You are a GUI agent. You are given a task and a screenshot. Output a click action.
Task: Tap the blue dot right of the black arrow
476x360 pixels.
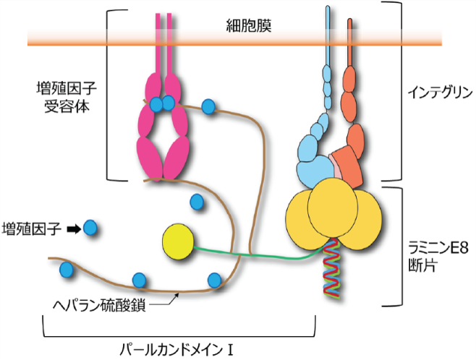click(x=90, y=229)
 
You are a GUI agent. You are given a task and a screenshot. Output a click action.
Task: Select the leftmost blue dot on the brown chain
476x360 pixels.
click(x=67, y=270)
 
